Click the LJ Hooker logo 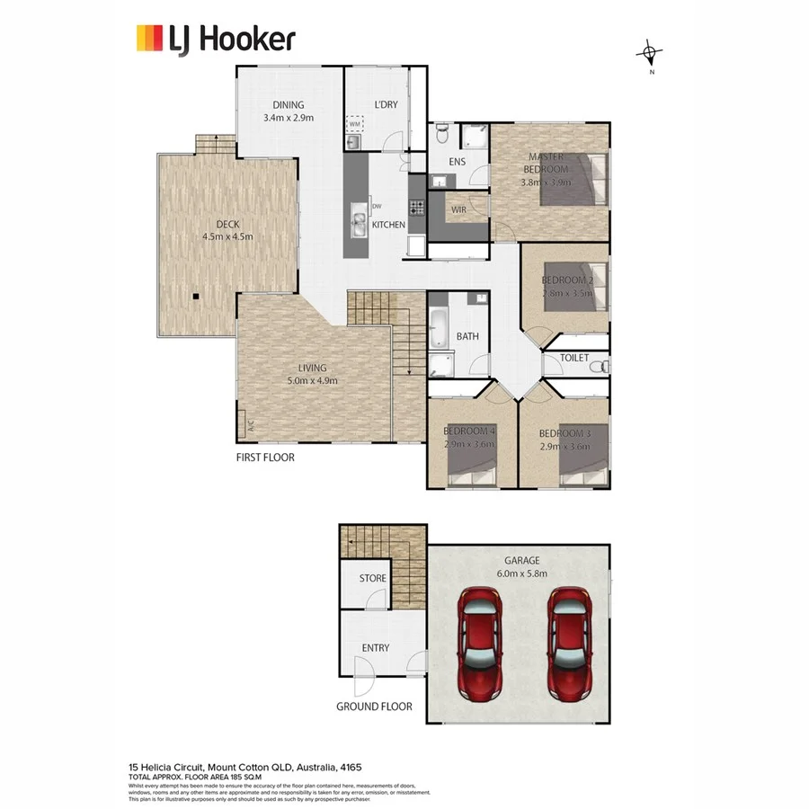(x=215, y=40)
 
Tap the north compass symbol (x=650, y=55)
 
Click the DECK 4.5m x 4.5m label (x=227, y=231)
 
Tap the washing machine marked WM (x=354, y=123)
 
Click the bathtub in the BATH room (x=439, y=328)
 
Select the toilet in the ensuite (x=440, y=135)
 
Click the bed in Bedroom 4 (x=472, y=462)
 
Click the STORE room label (x=372, y=578)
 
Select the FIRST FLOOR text (x=266, y=457)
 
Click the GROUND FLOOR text (x=374, y=707)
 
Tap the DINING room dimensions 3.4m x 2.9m (x=289, y=118)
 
